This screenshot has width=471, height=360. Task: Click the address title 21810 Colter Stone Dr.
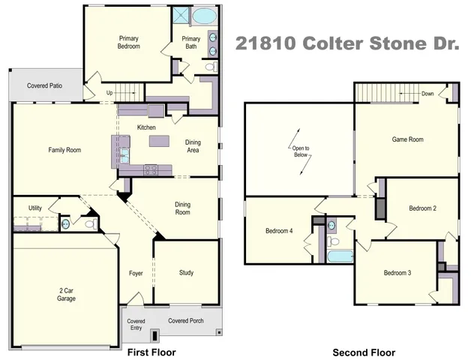point(347,43)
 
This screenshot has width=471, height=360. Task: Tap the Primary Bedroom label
point(130,42)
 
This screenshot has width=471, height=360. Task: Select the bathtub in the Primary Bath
point(203,16)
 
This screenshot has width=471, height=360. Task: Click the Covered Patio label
point(45,86)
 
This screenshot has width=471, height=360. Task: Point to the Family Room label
point(64,150)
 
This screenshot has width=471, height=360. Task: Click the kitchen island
point(159,142)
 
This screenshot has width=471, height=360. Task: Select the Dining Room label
point(184,208)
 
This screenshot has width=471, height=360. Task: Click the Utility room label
point(35,208)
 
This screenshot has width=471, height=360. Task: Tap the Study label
point(186,273)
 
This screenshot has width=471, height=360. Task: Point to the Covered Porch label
point(185,321)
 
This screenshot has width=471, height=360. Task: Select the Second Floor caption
point(364,352)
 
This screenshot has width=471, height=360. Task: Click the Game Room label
point(408,139)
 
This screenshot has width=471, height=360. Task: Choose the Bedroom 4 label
point(279,231)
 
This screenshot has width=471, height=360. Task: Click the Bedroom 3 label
point(397,272)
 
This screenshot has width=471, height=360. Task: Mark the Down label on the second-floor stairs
point(427,94)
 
